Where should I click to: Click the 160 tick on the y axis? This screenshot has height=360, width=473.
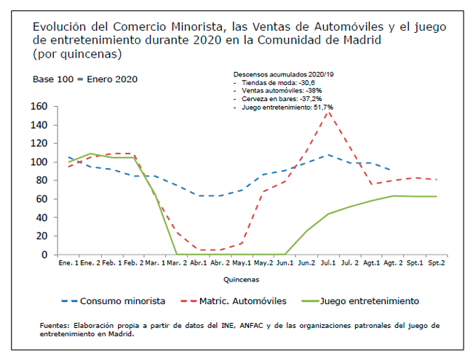pyautogui.click(x=39, y=106)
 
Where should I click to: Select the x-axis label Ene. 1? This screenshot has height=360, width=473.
pyautogui.click(x=70, y=263)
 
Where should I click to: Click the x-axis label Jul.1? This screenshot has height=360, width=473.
pyautogui.click(x=328, y=263)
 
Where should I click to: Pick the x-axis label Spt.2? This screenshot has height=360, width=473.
pyautogui.click(x=437, y=263)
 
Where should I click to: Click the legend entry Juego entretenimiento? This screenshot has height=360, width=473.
pyautogui.click(x=369, y=300)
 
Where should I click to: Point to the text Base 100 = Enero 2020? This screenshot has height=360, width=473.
pyautogui.click(x=85, y=79)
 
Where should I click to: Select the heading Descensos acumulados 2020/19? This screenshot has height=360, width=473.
pyautogui.click(x=282, y=75)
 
